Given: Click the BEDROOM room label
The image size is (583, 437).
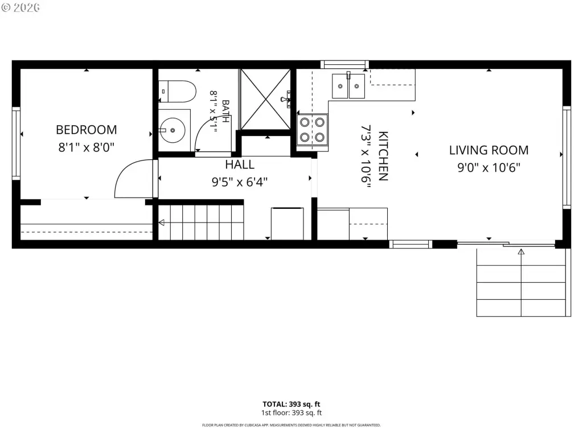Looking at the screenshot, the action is (x=87, y=130).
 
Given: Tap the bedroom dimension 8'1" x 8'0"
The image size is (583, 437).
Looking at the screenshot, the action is (x=87, y=147).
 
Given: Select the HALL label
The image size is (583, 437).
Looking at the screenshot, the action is (x=240, y=164).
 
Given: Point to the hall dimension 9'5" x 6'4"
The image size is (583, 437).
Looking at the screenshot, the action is (x=240, y=182).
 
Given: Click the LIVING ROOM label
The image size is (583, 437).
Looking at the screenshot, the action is (x=488, y=150).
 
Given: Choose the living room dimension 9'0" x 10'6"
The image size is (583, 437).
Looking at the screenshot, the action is (x=488, y=168).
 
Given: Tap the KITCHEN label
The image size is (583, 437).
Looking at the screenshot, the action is (x=383, y=156).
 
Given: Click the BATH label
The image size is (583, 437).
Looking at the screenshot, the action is (x=225, y=112).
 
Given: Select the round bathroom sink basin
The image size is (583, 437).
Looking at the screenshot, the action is (x=173, y=130).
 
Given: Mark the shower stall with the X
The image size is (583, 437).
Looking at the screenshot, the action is (x=265, y=99).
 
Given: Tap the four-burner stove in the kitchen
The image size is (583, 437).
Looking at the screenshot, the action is (x=313, y=130).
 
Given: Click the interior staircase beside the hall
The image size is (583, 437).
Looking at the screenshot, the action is (x=201, y=222).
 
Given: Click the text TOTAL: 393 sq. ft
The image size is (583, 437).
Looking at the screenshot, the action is (x=291, y=405).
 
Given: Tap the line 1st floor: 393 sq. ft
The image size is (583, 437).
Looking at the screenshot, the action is (x=291, y=413).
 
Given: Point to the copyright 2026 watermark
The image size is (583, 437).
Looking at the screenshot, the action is (x=21, y=8).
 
